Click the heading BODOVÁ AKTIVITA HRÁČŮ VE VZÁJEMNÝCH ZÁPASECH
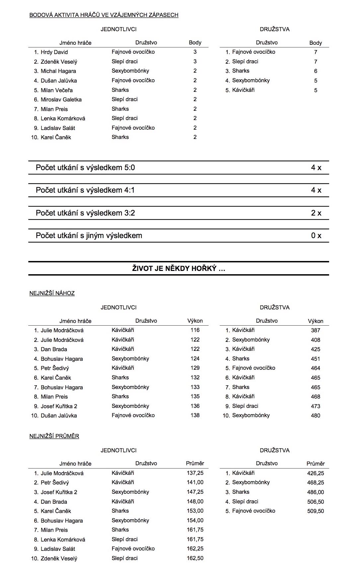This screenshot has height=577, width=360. pos(104,15)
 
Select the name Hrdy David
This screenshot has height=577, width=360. pos(54,52)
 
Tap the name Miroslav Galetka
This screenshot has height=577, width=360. pos(61,99)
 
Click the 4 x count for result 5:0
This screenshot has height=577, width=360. pos(316,168)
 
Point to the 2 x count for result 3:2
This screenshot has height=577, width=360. pos(316,213)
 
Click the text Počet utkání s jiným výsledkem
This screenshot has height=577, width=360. pos(89,236)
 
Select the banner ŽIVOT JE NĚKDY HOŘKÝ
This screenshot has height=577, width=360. pos(179,269)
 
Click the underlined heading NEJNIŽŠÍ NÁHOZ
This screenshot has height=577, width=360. pos(52,293)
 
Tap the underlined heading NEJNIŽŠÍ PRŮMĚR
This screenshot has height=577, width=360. pos(54,436)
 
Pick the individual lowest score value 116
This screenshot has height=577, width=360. pos(195,330)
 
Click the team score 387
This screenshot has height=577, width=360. pos(316,330)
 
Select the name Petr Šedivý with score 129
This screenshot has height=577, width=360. pos(55,368)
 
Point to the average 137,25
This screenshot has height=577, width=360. pos(195,473)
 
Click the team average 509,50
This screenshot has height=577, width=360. pos(316,511)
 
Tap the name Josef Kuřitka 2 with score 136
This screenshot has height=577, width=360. pos(59,406)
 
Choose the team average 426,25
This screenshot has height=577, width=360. pos(316,473)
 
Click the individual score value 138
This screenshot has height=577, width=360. pos(195,416)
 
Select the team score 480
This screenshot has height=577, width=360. pos(316,416)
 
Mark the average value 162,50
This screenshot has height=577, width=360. pos(195,558)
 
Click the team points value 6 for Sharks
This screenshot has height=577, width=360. pos(316,71)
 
